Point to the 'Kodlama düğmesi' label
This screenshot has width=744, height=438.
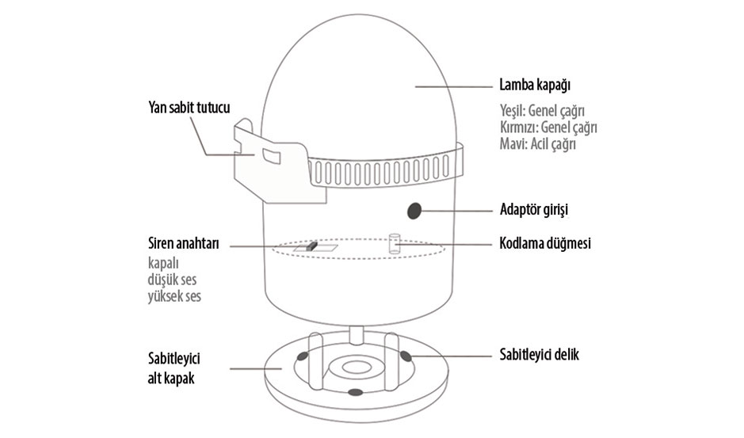(545, 244)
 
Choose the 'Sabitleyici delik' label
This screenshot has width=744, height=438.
(539, 355)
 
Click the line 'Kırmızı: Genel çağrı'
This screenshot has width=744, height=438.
(548, 128)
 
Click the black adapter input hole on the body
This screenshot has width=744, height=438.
(414, 211)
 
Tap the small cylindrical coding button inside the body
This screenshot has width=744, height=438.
(393, 243)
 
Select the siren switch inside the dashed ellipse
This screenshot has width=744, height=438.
(311, 247)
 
